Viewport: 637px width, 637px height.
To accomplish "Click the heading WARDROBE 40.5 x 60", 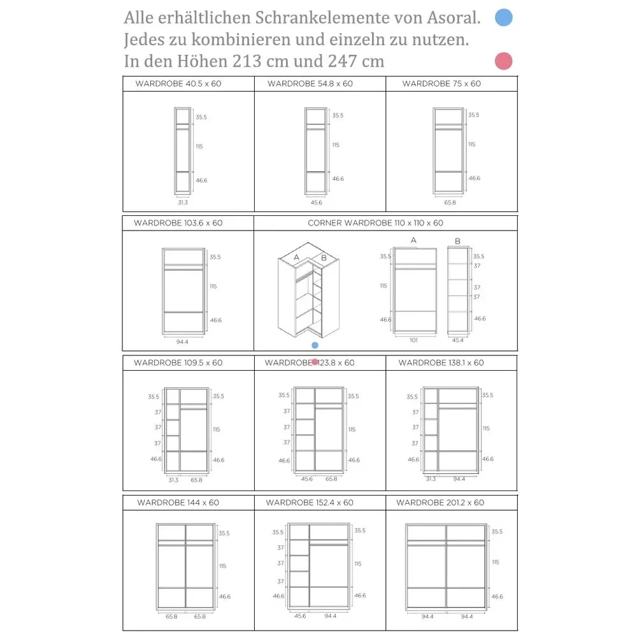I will pos(178,83).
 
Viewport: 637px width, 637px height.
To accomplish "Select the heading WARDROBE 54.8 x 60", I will pos(310,83).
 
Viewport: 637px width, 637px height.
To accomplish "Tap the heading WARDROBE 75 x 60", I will pos(441,83).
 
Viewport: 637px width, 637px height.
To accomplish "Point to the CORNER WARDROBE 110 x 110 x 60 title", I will pos(375,223).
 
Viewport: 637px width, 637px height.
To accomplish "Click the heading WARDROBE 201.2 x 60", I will pos(440,503).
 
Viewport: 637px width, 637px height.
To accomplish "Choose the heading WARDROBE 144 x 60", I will pos(178,503).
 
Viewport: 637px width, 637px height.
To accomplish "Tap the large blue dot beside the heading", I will pos(504,17).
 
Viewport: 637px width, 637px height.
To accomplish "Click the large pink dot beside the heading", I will pos(503,61).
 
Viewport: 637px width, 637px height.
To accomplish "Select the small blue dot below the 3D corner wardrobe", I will pos(315,345).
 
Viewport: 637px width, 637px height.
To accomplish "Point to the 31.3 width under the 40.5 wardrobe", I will pos(183,202).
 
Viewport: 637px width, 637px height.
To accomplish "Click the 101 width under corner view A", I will pos(413,340).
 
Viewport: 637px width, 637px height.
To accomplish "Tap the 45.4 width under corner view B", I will pos(457,340).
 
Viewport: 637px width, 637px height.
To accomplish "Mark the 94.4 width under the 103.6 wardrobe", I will pos(182,341).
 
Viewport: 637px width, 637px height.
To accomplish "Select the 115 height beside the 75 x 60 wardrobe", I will pos(471,145).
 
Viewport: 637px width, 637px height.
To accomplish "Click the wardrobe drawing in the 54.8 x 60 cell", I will pos(316,150).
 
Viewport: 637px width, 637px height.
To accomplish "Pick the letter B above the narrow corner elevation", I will pos(457,241).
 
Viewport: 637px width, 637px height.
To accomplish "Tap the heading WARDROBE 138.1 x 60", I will pos(441,362).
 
